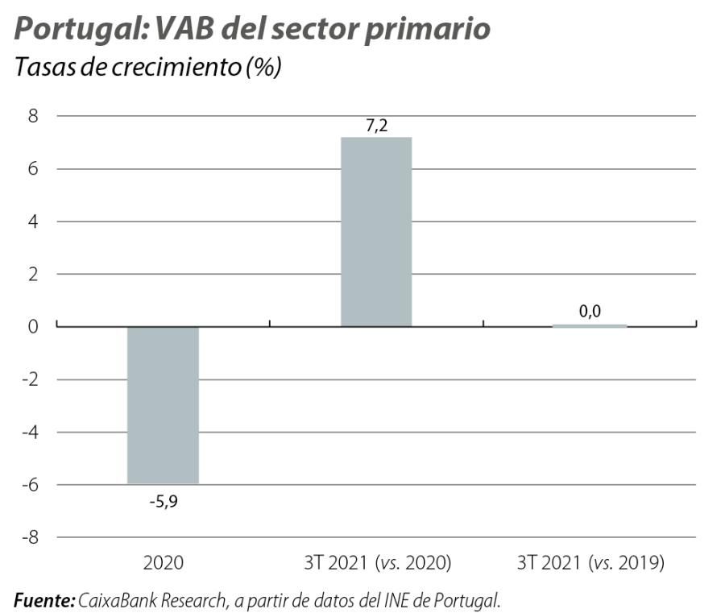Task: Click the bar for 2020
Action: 163,404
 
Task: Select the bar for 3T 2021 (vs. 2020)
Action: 376,232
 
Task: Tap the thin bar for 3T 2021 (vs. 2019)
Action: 590,325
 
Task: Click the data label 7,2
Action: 376,126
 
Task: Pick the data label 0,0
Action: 590,311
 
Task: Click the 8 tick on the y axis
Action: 33,116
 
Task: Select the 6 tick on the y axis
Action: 33,169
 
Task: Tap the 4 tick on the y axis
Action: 33,222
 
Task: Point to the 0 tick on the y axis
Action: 33,326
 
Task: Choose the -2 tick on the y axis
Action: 30,379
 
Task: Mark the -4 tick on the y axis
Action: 30,432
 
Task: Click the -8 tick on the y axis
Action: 30,537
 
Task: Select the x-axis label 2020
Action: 163,563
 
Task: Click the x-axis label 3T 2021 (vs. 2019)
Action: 590,563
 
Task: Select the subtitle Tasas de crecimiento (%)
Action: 147,67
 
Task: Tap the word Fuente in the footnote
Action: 44,599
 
